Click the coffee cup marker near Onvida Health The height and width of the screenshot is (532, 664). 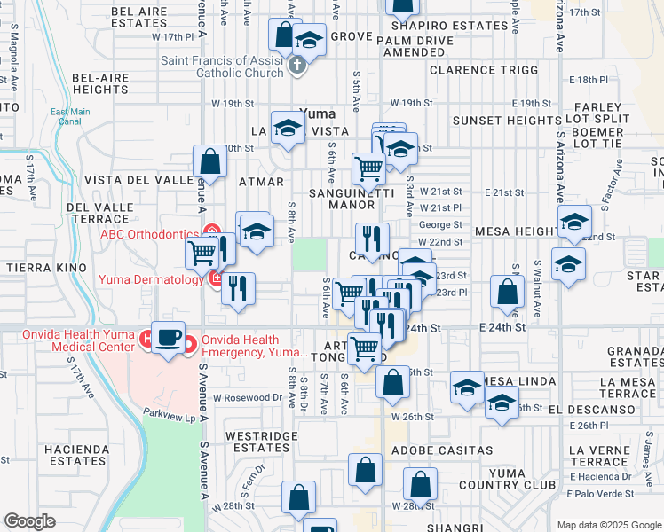coord(169,338)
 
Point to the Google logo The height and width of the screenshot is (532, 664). coord(30,520)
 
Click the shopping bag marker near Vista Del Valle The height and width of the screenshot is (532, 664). coord(210,162)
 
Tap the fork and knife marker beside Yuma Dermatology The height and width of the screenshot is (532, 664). coord(238,289)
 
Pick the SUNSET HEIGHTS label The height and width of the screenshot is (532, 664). coord(506,121)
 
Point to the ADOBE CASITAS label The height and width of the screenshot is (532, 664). coord(449,450)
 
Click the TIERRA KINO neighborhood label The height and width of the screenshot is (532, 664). coord(46,267)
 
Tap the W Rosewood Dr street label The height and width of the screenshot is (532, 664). coord(247,398)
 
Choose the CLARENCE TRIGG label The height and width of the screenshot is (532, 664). coord(484,70)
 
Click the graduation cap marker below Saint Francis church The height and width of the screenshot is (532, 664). coord(309,40)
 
